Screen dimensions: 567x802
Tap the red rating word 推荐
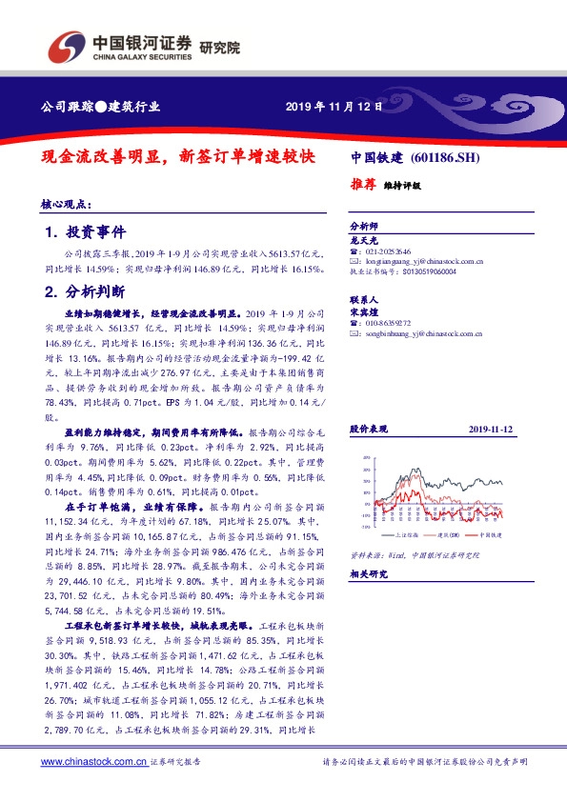tap(363, 184)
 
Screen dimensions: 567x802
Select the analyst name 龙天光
tap(363, 241)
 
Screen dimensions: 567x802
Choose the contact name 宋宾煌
tap(363, 311)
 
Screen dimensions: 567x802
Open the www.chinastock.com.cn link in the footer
tap(93, 762)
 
